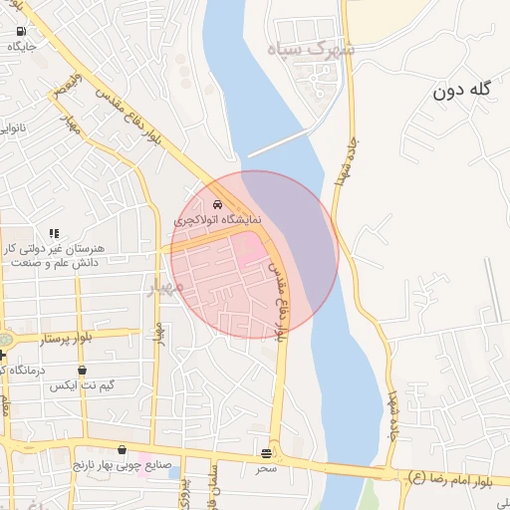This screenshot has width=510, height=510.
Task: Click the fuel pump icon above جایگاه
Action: pyautogui.click(x=21, y=31)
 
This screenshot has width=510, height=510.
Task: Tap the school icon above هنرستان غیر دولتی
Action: pyautogui.click(x=54, y=233)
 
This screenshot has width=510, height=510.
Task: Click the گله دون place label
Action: pyautogui.click(x=463, y=91)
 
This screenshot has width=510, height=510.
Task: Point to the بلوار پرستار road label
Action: pyautogui.click(x=64, y=339)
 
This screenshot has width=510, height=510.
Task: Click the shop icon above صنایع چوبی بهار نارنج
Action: pyautogui.click(x=122, y=450)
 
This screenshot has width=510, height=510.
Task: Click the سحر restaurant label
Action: pyautogui.click(x=266, y=466)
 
